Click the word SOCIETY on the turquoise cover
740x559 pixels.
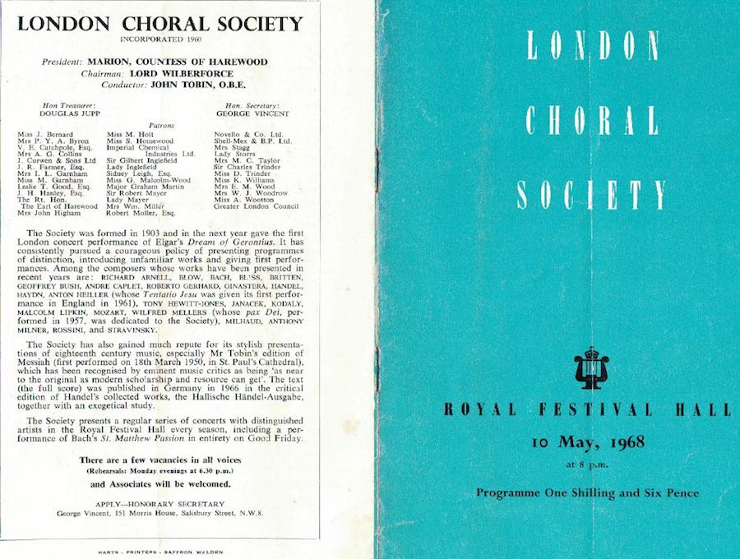(x=591, y=194)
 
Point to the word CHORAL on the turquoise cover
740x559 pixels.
(x=591, y=121)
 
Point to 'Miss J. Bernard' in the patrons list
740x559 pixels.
(x=44, y=133)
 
